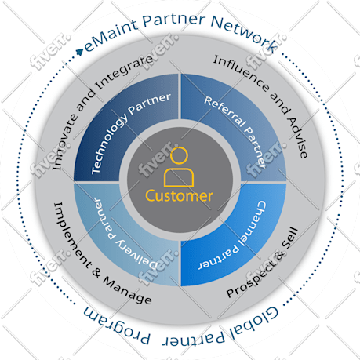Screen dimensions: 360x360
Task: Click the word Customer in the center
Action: (179, 196)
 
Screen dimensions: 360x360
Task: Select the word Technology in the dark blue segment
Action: (109, 146)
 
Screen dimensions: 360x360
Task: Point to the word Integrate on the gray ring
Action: (125, 72)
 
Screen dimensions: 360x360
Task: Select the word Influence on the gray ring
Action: (241, 73)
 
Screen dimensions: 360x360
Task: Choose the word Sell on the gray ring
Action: (290, 238)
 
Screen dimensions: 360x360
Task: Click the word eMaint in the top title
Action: (111, 35)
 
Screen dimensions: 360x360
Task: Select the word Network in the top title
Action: (244, 31)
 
